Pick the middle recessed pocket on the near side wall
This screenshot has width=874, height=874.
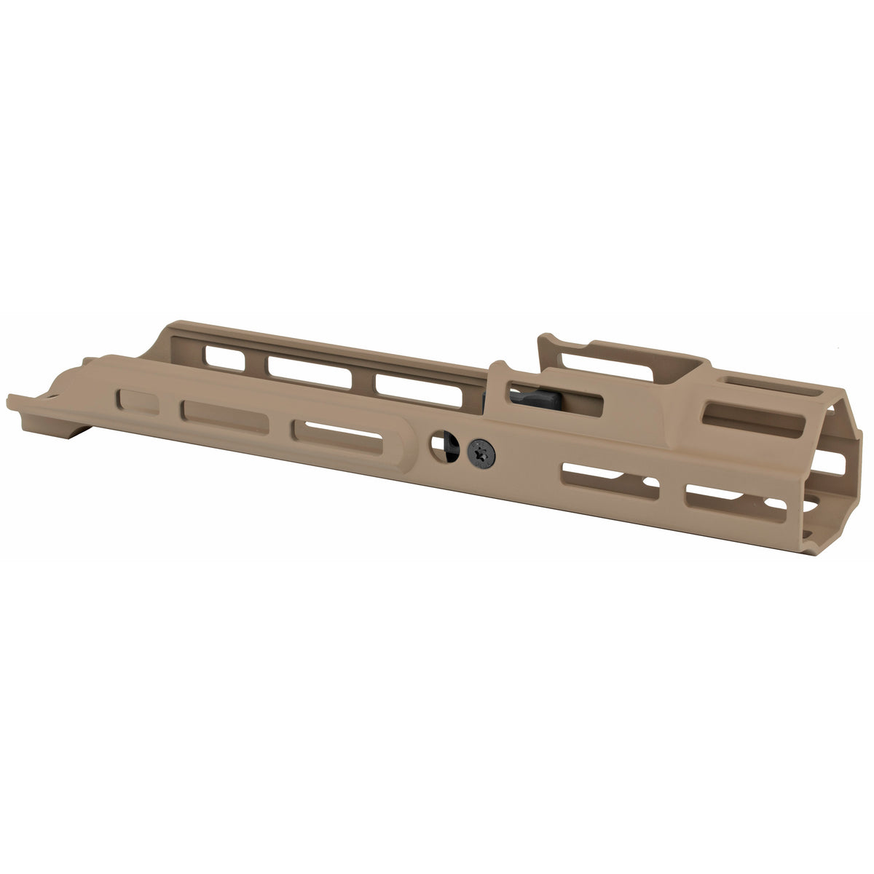225,417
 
